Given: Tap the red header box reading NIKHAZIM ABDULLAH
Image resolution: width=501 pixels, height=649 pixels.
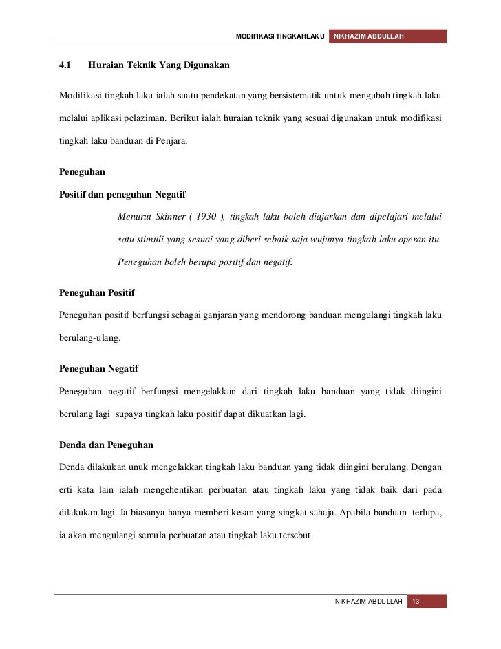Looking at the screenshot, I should pos(388,36).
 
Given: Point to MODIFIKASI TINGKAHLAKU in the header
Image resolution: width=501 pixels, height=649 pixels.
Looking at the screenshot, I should pos(279,36).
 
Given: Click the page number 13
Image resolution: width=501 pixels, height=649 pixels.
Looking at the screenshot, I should pos(416,602).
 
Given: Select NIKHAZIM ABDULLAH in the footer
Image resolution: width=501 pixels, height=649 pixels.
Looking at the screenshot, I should pos(367,602).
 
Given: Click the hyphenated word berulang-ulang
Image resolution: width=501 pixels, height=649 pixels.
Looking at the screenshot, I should pos(90,339).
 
